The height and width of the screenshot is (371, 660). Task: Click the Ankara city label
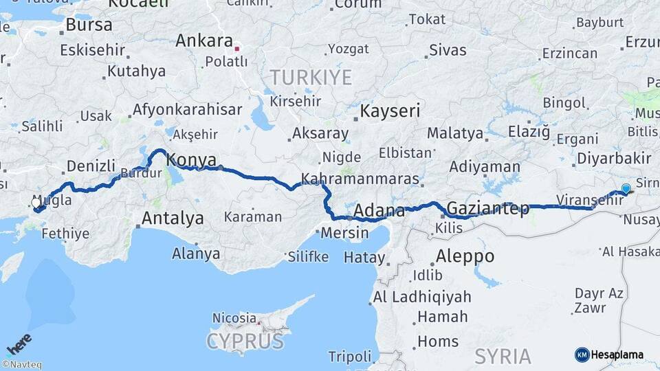tap(204, 41)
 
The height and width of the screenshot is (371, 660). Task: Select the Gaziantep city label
tap(488, 208)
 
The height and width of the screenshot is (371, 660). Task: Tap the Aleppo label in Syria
tap(465, 256)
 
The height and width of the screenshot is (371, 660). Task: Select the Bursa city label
tap(89, 25)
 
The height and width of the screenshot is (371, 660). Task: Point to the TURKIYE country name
tap(310, 77)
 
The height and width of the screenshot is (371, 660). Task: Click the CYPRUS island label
tap(245, 341)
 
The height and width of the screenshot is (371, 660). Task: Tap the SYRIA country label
tap(503, 356)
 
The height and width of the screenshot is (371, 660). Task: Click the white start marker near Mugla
tap(36, 203)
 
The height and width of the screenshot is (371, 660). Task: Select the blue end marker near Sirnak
tap(626, 188)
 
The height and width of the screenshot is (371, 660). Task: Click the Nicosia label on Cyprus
tap(234, 318)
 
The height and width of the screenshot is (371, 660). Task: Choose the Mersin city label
tap(344, 233)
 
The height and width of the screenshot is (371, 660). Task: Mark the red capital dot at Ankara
tap(237, 49)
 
